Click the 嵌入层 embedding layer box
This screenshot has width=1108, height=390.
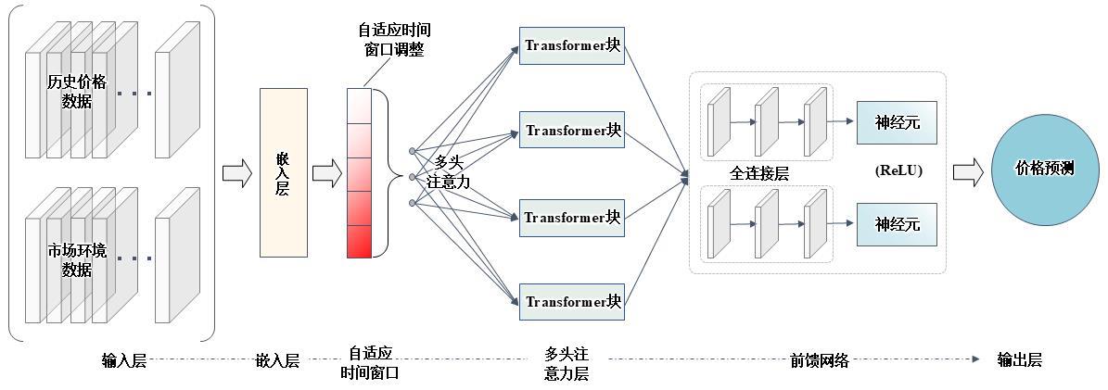(283, 172)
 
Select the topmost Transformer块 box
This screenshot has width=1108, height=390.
(572, 45)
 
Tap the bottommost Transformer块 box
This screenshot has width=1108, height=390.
(572, 301)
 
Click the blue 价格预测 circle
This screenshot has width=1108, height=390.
(1044, 170)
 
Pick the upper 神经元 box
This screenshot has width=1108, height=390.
(897, 122)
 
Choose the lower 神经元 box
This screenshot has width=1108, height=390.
(897, 224)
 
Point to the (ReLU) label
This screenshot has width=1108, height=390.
(898, 171)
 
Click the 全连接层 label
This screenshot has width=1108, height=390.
(758, 173)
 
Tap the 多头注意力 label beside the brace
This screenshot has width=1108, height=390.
(449, 173)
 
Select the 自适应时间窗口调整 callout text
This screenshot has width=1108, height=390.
(394, 41)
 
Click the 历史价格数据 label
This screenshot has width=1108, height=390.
(77, 92)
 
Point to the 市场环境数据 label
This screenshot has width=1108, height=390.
(77, 259)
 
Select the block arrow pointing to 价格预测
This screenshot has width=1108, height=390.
(967, 171)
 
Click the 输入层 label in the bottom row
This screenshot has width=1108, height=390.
(123, 360)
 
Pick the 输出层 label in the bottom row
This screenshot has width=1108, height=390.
(1019, 360)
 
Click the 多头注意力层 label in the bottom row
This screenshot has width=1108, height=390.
(566, 364)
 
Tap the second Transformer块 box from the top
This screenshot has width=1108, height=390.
(572, 130)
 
